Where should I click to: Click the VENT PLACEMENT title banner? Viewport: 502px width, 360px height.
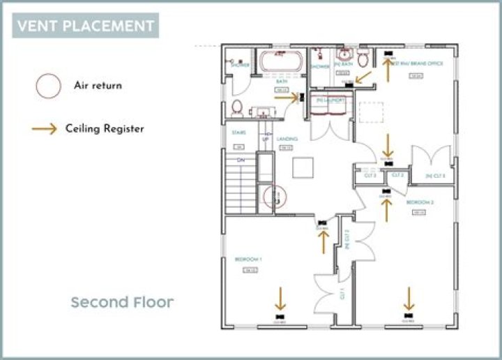pyautogui.click(x=85, y=26)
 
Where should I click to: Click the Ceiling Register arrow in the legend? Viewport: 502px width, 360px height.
pyautogui.click(x=44, y=129)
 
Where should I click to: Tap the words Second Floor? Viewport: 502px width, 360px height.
pyautogui.click(x=122, y=302)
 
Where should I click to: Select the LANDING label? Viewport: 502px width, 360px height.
pyautogui.click(x=287, y=139)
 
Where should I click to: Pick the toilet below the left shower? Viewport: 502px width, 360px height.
pyautogui.click(x=236, y=107)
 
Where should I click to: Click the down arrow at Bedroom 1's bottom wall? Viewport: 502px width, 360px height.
pyautogui.click(x=280, y=298)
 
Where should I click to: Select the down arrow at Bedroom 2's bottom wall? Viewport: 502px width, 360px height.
pyautogui.click(x=409, y=298)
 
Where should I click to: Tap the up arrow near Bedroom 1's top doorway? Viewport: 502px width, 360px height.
pyautogui.click(x=323, y=243)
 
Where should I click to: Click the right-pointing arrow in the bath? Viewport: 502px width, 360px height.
pyautogui.click(x=286, y=98)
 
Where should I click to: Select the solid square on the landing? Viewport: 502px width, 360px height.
pyautogui.click(x=303, y=167)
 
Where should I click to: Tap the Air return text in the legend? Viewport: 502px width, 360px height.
pyautogui.click(x=98, y=86)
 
